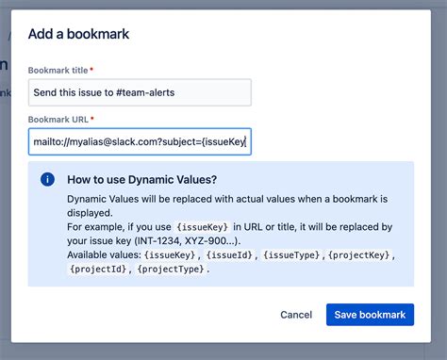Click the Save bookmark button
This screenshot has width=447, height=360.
tap(370, 314)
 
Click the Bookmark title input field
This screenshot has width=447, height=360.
tap(140, 92)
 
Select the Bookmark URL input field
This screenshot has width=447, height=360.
tap(140, 141)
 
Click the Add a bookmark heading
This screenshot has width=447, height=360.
tap(79, 34)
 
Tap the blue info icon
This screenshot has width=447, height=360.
tap(47, 179)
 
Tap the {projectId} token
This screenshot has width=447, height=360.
tap(98, 270)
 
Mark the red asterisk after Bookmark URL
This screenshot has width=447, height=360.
tap(92, 120)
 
